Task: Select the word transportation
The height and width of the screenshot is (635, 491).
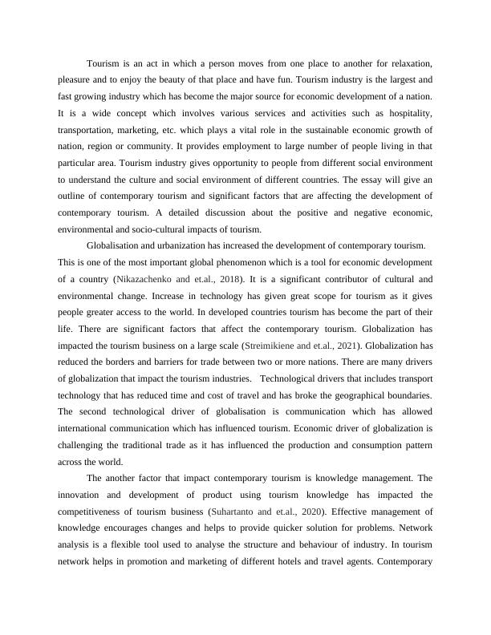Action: pyautogui.click(x=87, y=130)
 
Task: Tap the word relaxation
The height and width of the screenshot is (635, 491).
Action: pyautogui.click(x=408, y=63)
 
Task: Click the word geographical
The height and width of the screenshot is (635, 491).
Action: pyautogui.click(x=351, y=395)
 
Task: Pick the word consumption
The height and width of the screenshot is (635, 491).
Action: pyautogui.click(x=375, y=445)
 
